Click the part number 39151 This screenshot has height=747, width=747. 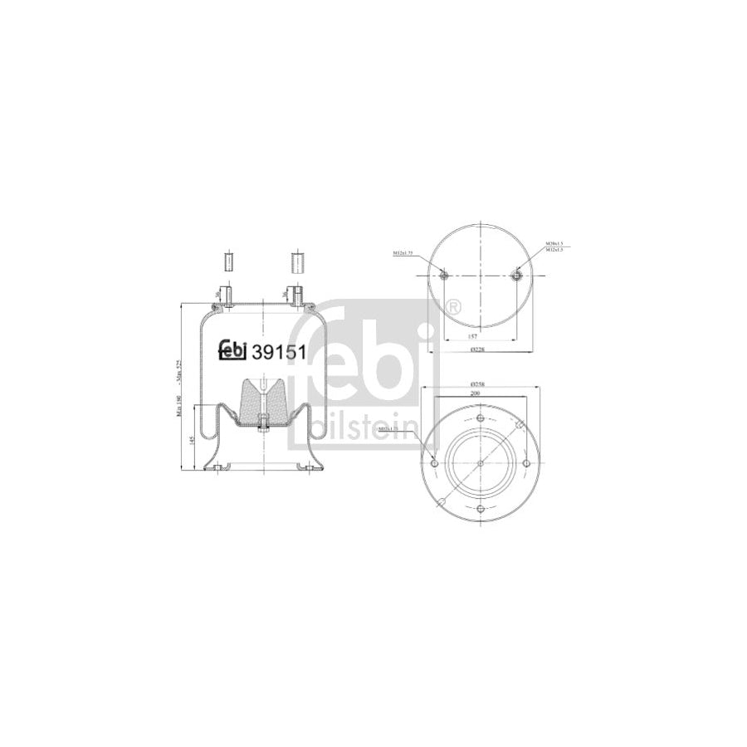pos(281,352)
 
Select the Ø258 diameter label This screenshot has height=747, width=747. pos(478,383)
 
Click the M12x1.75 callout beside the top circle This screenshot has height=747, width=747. pos(405,252)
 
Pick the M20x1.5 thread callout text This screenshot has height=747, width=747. pos(554,243)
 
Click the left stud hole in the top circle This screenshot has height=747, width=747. pos(443,275)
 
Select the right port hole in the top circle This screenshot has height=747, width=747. pos(518,275)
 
